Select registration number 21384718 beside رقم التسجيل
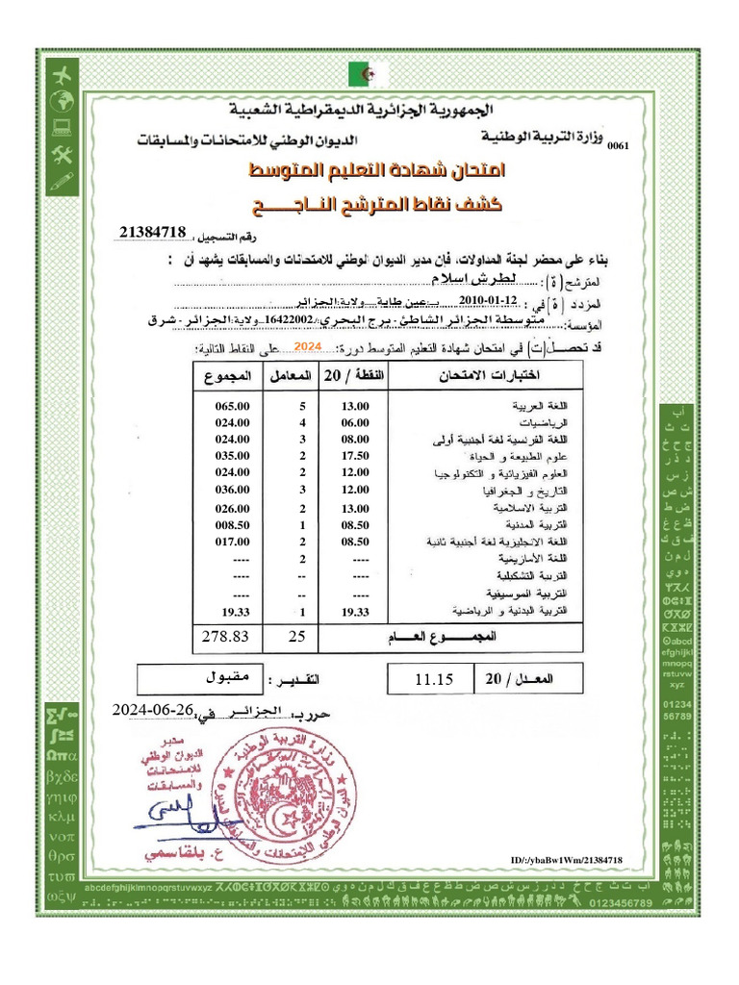point(154,232)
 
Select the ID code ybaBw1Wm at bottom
point(572,859)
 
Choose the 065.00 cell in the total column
point(232,406)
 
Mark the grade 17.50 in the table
point(356,456)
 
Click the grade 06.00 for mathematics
point(356,422)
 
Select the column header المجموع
point(232,374)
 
